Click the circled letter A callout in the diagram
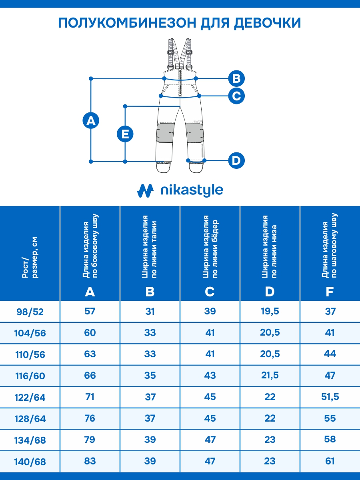[x=91, y=120]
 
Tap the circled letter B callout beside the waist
[x=236, y=78]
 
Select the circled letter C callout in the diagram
[x=236, y=96]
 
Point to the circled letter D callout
[x=236, y=161]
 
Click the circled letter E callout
[x=125, y=134]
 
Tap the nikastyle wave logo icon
[x=145, y=190]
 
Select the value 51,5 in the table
[x=330, y=397]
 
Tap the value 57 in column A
[x=90, y=311]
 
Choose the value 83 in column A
[x=90, y=461]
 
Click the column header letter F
[x=330, y=292]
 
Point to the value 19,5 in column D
[x=270, y=311]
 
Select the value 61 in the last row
[x=330, y=461]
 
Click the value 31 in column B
[x=150, y=311]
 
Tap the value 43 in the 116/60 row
[x=210, y=376]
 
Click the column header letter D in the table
[x=270, y=292]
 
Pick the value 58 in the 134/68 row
[x=330, y=440]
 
